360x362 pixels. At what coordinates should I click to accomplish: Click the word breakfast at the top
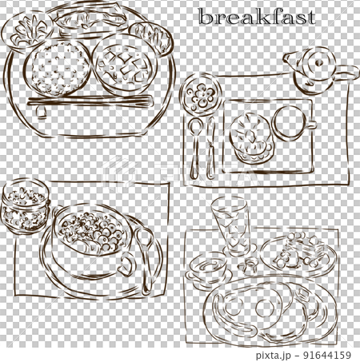click(x=256, y=17)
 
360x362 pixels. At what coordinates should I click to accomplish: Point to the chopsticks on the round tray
click(x=88, y=102)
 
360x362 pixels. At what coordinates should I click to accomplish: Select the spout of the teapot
click(x=289, y=58)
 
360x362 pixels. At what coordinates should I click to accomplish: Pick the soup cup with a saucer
click(x=210, y=268)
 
